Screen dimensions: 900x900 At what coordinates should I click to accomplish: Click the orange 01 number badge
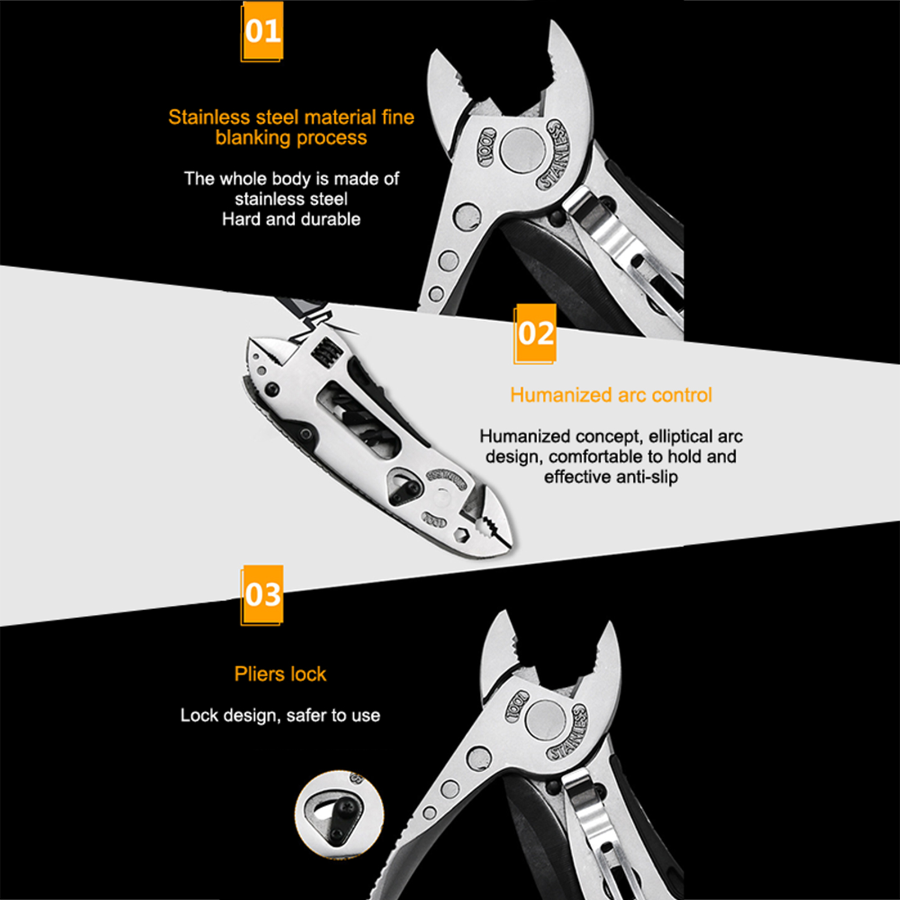(262, 31)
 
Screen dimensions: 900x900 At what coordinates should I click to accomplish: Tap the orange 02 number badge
(535, 334)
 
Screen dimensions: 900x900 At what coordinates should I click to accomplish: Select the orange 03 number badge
(262, 595)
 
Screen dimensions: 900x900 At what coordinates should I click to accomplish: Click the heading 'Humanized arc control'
(611, 395)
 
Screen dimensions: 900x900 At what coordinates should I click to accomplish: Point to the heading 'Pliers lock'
(280, 674)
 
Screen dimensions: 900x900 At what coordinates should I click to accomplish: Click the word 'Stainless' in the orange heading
(209, 117)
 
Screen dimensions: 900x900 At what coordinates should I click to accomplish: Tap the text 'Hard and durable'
(291, 219)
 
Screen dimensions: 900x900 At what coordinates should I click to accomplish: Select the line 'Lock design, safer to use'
(280, 715)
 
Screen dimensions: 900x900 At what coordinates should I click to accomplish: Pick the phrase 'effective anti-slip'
(611, 477)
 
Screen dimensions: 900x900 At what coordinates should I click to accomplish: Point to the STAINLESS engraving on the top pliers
(555, 154)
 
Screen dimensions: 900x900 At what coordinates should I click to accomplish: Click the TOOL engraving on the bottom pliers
(517, 706)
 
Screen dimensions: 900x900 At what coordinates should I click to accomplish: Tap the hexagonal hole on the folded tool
(462, 534)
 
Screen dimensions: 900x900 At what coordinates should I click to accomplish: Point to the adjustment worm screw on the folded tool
(326, 353)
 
